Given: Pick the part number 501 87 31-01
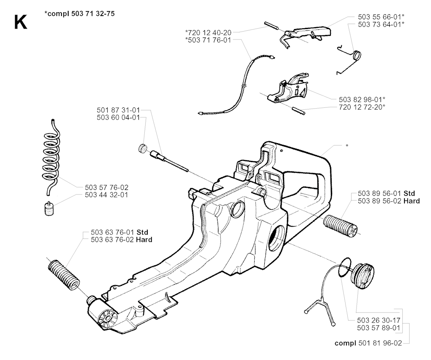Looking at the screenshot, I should pyautogui.click(x=117, y=110).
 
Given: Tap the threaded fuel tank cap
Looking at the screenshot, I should pyautogui.click(x=362, y=276).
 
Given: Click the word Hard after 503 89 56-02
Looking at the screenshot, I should pyautogui.click(x=411, y=201).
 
